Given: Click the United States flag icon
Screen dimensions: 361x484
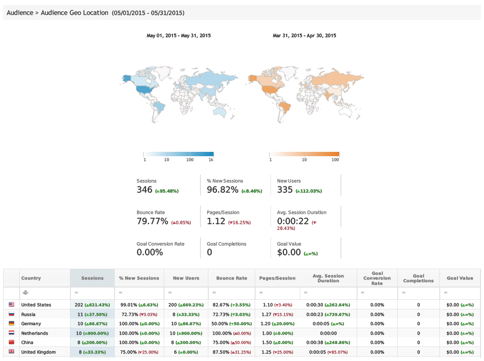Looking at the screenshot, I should pyautogui.click(x=11, y=305).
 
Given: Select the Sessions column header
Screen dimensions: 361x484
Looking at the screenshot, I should pyautogui.click(x=92, y=278).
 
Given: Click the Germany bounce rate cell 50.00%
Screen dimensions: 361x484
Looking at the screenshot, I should pyautogui.click(x=224, y=324).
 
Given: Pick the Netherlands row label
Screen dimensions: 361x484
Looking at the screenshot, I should pyautogui.click(x=35, y=333).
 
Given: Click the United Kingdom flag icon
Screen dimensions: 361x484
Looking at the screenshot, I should pyautogui.click(x=11, y=352).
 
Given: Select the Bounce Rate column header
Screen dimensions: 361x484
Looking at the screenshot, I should pyautogui.click(x=231, y=278).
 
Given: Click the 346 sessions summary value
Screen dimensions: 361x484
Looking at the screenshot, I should pyautogui.click(x=144, y=189).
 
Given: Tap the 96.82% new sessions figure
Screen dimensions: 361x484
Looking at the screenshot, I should pyautogui.click(x=222, y=189).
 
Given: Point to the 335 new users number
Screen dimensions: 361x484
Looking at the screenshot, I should pyautogui.click(x=284, y=189).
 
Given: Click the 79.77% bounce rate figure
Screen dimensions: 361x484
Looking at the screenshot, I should pyautogui.click(x=152, y=221).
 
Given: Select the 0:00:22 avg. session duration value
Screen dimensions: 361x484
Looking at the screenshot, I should pyautogui.click(x=293, y=221).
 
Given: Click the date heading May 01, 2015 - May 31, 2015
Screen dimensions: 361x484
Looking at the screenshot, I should pyautogui.click(x=179, y=35).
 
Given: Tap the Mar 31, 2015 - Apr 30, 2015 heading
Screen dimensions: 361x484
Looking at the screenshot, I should pyautogui.click(x=305, y=35).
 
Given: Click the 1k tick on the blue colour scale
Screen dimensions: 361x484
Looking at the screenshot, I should pyautogui.click(x=211, y=160).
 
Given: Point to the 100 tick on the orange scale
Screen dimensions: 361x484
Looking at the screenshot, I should pyautogui.click(x=335, y=160).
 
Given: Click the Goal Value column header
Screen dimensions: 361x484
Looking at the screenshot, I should pyautogui.click(x=460, y=278).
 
